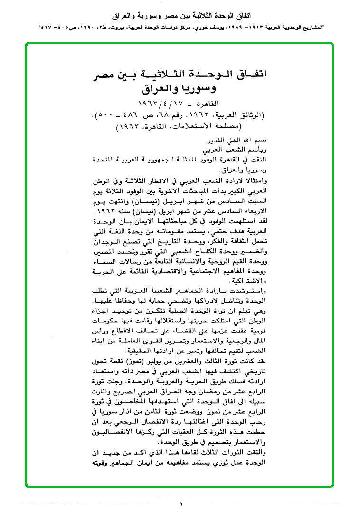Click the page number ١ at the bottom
(181, 504)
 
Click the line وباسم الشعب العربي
(239, 151)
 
